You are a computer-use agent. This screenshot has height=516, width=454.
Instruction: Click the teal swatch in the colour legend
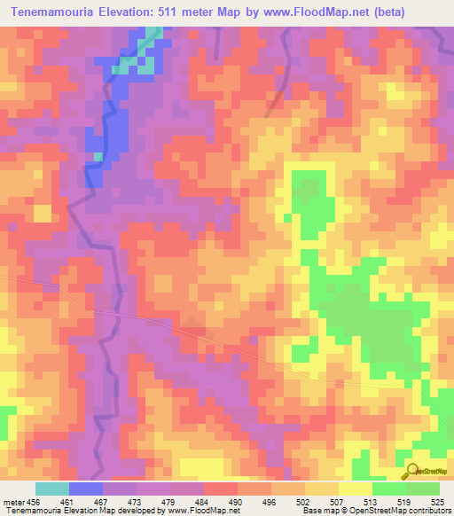click(x=52, y=488)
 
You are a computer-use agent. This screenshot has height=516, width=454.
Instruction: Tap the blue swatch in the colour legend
click(x=86, y=488)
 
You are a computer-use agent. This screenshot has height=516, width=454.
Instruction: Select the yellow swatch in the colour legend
click(x=356, y=488)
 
